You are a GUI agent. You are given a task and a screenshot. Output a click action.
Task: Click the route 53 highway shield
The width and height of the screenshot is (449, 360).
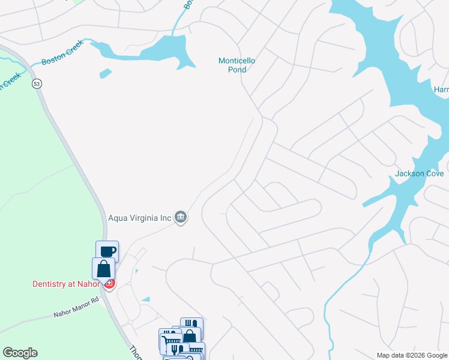coord(37,83)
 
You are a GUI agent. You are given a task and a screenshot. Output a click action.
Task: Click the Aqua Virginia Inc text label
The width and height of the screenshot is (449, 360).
coord(139,217)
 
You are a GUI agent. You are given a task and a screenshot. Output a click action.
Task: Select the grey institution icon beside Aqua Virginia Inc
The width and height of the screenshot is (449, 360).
coord(181,217)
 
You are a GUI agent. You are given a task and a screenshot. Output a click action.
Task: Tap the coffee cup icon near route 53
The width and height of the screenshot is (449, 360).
coord(107,251)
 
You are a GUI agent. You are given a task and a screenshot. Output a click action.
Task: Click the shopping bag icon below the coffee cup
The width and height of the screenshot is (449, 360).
coord(103,268)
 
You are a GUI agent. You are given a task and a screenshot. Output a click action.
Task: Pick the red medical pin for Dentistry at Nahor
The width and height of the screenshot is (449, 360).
coord(109,283)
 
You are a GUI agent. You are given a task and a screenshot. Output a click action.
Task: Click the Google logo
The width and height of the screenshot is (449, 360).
coord(20,353)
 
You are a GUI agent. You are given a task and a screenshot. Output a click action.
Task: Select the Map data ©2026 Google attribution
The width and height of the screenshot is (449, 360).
coord(411,355)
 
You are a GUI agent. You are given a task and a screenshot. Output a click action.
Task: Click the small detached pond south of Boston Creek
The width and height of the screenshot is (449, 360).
coord(106,74)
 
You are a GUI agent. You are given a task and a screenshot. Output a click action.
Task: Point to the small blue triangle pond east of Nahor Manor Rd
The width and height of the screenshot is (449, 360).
coord(146,299)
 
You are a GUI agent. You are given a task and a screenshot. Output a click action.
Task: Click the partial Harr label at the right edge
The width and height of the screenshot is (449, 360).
coord(441,90)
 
